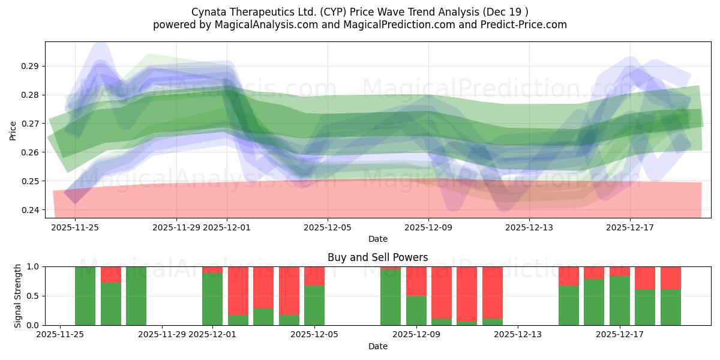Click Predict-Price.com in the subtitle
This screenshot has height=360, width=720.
(x=521, y=25)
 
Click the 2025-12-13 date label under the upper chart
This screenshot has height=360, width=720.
(x=529, y=227)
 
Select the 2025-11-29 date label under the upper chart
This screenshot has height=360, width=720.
(x=176, y=227)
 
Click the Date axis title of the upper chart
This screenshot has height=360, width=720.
(x=377, y=239)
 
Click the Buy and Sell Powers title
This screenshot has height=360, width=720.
(x=377, y=257)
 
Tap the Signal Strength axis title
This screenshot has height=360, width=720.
(x=18, y=296)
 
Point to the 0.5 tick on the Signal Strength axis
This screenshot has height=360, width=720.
(x=34, y=296)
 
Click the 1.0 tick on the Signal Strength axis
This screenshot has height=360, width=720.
(x=34, y=266)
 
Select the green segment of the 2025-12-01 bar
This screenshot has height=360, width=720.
(x=212, y=299)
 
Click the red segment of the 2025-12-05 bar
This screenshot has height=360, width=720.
(x=314, y=276)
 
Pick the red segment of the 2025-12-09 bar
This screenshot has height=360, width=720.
(x=416, y=281)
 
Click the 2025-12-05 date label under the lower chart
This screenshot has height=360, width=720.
(x=314, y=335)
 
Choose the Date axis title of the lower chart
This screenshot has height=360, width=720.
(x=377, y=346)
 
